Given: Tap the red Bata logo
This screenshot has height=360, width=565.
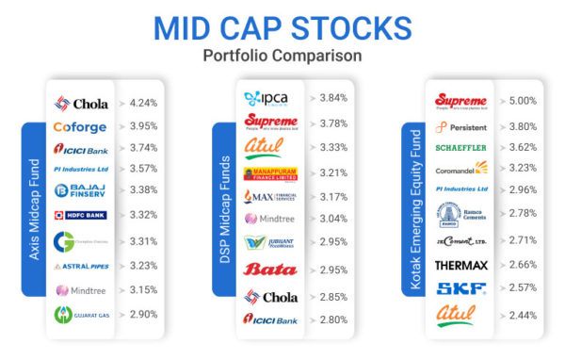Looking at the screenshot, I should coord(270,270).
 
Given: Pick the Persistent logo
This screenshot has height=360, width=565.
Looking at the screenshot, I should coord(460,126).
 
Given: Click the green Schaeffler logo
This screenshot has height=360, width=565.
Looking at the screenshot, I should coord(460,148).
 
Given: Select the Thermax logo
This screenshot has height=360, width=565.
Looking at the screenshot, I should coord(460,265).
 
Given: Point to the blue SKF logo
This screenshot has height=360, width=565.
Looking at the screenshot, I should coord(460,287).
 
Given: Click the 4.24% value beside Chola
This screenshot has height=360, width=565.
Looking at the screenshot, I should coord(143,104).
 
